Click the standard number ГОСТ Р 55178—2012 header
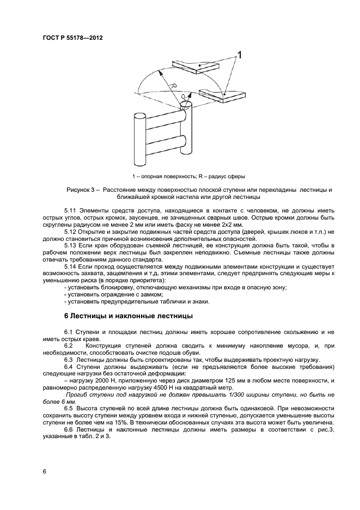click(72, 38)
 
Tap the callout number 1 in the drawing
click(239, 54)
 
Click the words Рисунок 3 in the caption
click(81, 190)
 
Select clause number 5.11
click(71, 210)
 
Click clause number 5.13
click(71, 246)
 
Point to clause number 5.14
click(71, 267)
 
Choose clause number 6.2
click(69, 345)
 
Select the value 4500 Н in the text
click(173, 387)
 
